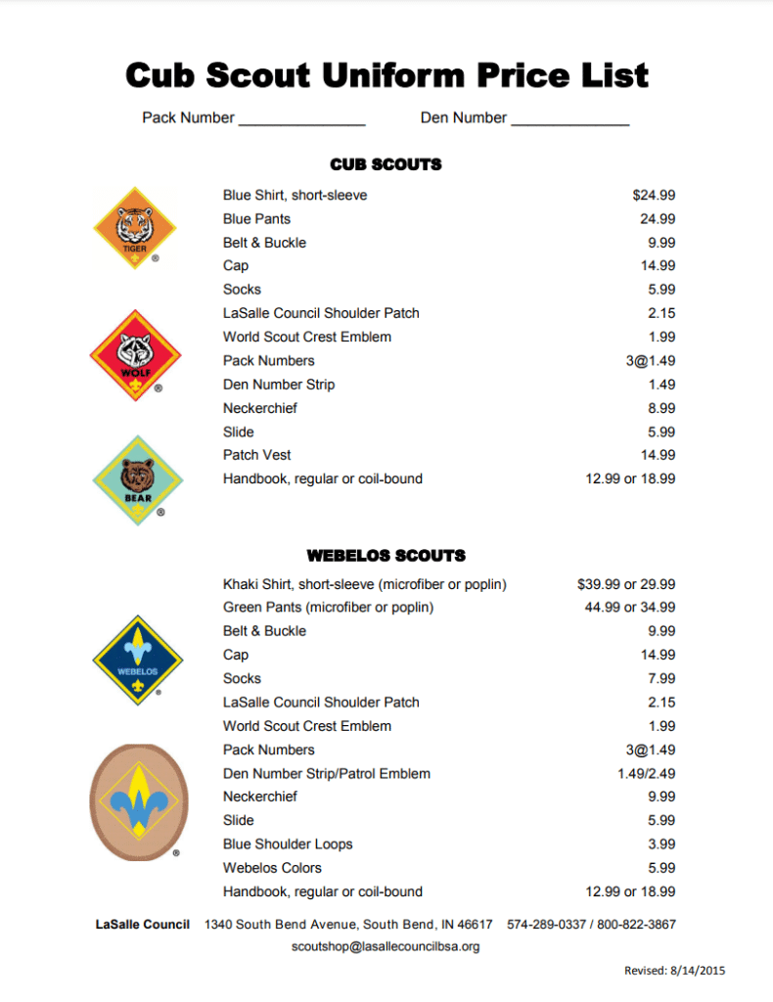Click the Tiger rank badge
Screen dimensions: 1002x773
tap(134, 232)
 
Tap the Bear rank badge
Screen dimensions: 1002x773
tap(138, 480)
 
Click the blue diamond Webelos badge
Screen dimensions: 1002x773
tap(137, 659)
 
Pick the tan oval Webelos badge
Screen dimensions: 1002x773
tap(136, 801)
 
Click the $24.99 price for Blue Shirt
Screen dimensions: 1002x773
tap(654, 196)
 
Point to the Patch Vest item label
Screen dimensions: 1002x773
tap(256, 455)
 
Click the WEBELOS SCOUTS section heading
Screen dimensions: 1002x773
tap(386, 556)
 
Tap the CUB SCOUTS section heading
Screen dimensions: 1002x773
tap(386, 164)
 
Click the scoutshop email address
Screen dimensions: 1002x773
tap(386, 946)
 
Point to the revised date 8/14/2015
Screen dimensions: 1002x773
tap(701, 971)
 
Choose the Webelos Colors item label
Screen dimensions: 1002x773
tap(272, 868)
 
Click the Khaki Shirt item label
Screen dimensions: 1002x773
tap(364, 584)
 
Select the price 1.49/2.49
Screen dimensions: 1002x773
tap(641, 774)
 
